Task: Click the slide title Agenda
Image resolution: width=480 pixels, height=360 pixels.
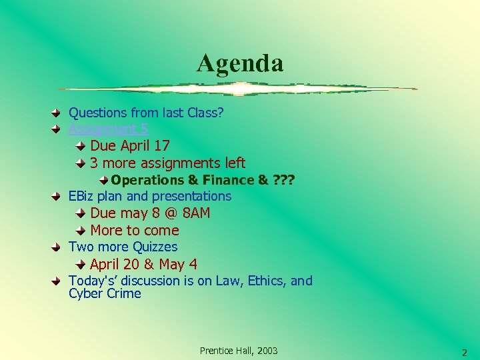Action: coord(240,63)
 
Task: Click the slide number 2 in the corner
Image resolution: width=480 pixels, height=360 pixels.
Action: coord(465,353)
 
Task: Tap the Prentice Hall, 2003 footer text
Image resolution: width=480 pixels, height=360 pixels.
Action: coord(239,351)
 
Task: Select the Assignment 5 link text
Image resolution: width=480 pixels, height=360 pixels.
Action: coord(109,129)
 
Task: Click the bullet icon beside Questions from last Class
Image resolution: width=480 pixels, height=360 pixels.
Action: coord(58,113)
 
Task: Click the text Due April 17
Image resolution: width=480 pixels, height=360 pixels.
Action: coord(130,145)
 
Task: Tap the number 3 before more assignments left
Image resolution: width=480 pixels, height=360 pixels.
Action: coord(95,163)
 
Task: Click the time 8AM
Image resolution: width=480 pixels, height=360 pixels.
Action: coord(196,213)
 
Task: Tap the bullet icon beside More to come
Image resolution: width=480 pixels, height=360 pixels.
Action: coord(79,231)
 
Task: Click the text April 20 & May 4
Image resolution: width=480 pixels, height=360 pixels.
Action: coord(143,264)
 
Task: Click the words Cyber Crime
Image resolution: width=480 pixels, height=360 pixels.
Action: coord(105,294)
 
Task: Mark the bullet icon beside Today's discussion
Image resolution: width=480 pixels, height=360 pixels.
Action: coord(58,281)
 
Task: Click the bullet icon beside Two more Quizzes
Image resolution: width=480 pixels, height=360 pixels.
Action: coord(58,247)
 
